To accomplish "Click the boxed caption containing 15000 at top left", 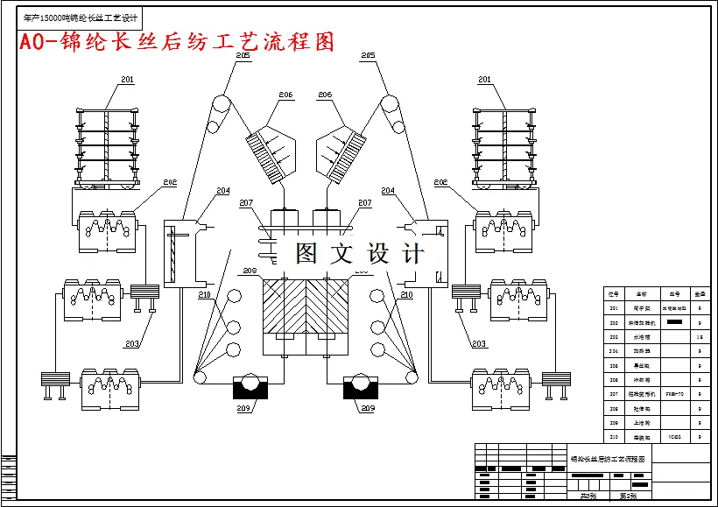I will [x=81, y=18].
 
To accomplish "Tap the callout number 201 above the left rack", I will [x=128, y=80].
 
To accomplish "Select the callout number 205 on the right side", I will [x=369, y=55].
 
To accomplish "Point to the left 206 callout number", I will [x=286, y=95].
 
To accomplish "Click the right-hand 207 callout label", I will [x=365, y=203].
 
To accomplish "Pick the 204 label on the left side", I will [x=222, y=190].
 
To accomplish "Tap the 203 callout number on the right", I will [x=478, y=343].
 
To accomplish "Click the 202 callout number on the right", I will [x=441, y=182].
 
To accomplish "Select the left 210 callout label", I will [x=205, y=295].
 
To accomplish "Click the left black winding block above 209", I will [x=250, y=384].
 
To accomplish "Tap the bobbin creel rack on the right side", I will [x=503, y=145].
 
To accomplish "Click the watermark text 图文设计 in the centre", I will [x=360, y=253].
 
